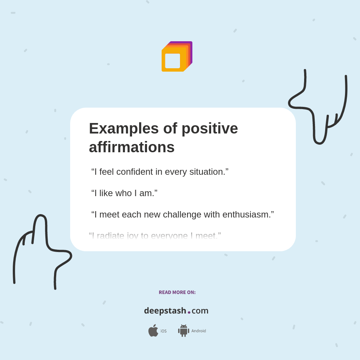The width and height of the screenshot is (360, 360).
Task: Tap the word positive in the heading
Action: pyautogui.click(x=210, y=129)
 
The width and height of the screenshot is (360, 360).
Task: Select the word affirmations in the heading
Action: pyautogui.click(x=132, y=147)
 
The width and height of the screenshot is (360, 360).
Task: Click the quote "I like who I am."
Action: pyautogui.click(x=124, y=193)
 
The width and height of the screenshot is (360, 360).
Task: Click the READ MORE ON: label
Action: pyautogui.click(x=177, y=292)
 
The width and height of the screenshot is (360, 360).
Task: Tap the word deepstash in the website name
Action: pyautogui.click(x=165, y=311)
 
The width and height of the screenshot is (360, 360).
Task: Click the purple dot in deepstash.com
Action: pyautogui.click(x=189, y=312)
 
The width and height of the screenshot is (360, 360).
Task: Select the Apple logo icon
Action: pyautogui.click(x=153, y=331)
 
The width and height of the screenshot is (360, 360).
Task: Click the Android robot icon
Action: pyautogui.click(x=183, y=331)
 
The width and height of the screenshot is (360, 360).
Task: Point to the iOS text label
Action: pyautogui.click(x=163, y=331)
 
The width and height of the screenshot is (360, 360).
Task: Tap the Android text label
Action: pyautogui.click(x=198, y=331)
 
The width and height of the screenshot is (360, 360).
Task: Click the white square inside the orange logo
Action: pyautogui.click(x=172, y=61)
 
